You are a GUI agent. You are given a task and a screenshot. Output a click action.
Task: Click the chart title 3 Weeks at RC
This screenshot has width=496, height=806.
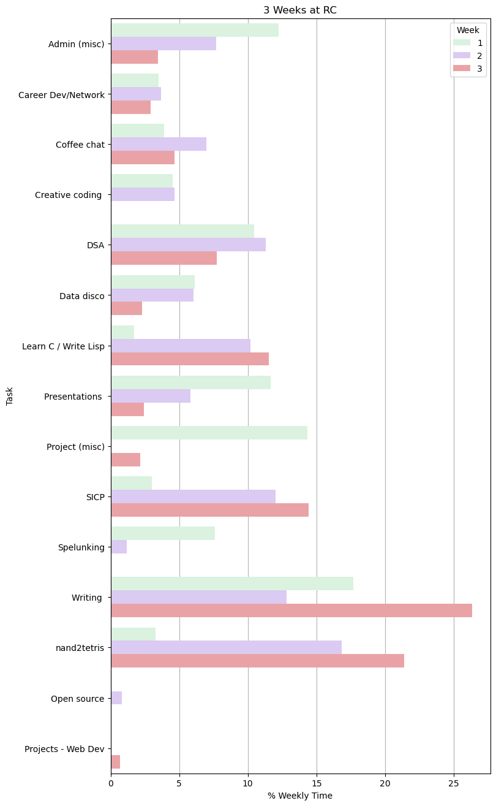click(300, 10)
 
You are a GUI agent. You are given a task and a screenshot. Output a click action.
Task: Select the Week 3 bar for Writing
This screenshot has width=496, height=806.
click(291, 610)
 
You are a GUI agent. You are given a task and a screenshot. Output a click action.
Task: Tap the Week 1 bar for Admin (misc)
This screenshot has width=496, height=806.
click(195, 30)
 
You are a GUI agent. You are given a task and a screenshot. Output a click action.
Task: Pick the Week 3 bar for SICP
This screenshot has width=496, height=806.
click(209, 510)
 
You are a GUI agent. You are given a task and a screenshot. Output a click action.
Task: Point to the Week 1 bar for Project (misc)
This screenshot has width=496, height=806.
click(209, 433)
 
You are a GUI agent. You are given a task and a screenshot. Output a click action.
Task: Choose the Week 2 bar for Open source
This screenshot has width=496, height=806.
click(116, 698)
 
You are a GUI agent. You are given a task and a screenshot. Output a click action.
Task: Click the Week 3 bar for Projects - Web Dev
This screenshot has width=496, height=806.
click(115, 761)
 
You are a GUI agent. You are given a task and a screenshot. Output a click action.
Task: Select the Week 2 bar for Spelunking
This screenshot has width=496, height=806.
click(119, 547)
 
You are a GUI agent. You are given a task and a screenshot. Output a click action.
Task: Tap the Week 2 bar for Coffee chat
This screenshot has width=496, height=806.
click(159, 144)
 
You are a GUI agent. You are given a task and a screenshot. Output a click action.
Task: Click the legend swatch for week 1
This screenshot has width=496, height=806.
click(462, 42)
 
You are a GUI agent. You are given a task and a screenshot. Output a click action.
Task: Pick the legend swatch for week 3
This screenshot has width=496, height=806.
click(462, 69)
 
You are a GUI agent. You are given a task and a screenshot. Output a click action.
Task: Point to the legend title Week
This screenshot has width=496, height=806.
click(468, 29)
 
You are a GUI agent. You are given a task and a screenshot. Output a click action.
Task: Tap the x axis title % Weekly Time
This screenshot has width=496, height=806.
click(300, 796)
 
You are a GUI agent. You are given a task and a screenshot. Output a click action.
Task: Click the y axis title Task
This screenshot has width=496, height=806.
click(10, 396)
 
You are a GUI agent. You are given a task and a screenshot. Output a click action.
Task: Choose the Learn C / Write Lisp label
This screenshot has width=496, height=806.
click(63, 346)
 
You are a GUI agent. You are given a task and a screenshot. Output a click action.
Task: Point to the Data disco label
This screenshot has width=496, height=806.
click(81, 296)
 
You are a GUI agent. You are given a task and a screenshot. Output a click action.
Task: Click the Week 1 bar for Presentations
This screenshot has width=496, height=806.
click(190, 382)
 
